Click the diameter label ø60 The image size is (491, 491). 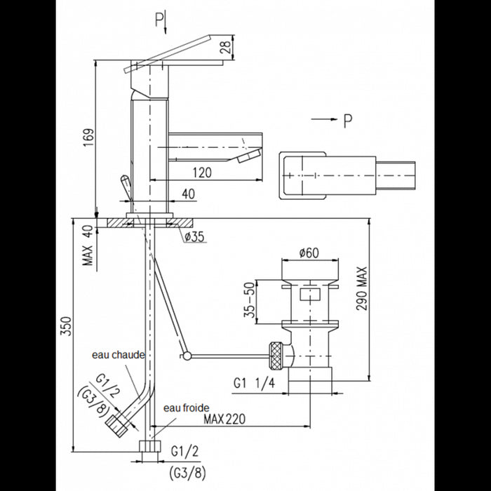click(x=309, y=253)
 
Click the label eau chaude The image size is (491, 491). click(x=119, y=355)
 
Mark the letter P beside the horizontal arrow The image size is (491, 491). click(x=347, y=123)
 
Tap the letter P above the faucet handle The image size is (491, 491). click(x=159, y=19)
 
